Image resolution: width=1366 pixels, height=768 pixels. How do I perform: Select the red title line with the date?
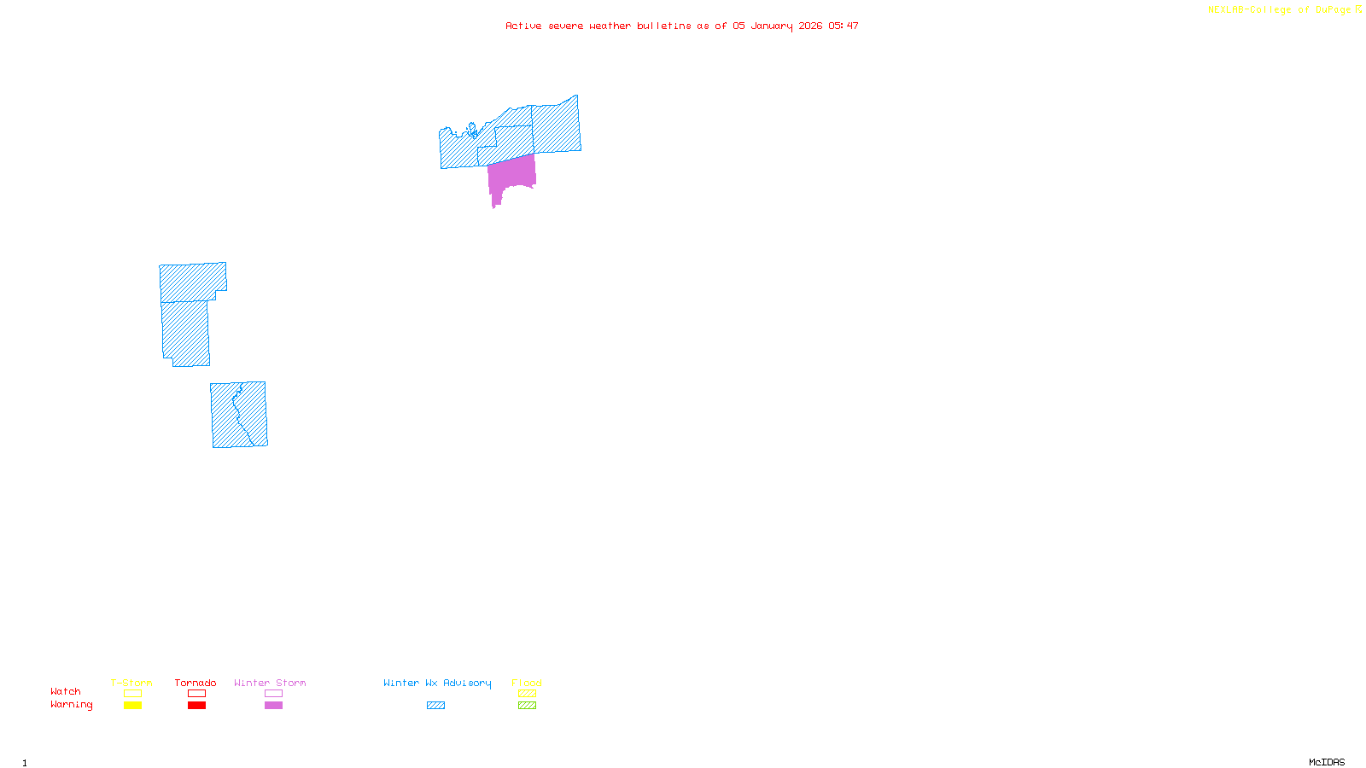click(681, 26)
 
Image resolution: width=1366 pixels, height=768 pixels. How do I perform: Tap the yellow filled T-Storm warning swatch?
click(132, 706)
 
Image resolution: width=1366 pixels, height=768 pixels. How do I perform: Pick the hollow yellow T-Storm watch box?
click(132, 694)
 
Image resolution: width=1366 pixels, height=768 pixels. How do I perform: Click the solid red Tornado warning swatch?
click(196, 706)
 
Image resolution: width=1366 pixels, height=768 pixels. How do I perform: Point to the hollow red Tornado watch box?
click(196, 694)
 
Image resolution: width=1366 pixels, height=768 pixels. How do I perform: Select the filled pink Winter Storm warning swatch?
click(273, 706)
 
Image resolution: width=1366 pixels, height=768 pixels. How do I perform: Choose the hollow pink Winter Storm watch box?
click(273, 694)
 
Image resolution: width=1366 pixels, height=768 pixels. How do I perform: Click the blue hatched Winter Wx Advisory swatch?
click(435, 706)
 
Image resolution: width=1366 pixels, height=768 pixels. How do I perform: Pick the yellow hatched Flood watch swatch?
click(527, 694)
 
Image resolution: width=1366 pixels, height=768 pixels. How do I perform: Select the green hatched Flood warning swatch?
click(527, 706)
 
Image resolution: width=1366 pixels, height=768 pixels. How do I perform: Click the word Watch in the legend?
click(66, 691)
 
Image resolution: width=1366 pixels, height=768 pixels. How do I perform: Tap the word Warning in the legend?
click(71, 705)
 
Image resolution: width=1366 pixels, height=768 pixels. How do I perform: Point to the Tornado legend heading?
click(196, 683)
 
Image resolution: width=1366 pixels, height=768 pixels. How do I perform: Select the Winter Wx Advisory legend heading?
click(437, 683)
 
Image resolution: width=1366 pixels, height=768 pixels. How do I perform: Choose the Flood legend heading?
click(527, 683)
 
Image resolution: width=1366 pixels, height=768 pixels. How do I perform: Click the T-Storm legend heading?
click(131, 683)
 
